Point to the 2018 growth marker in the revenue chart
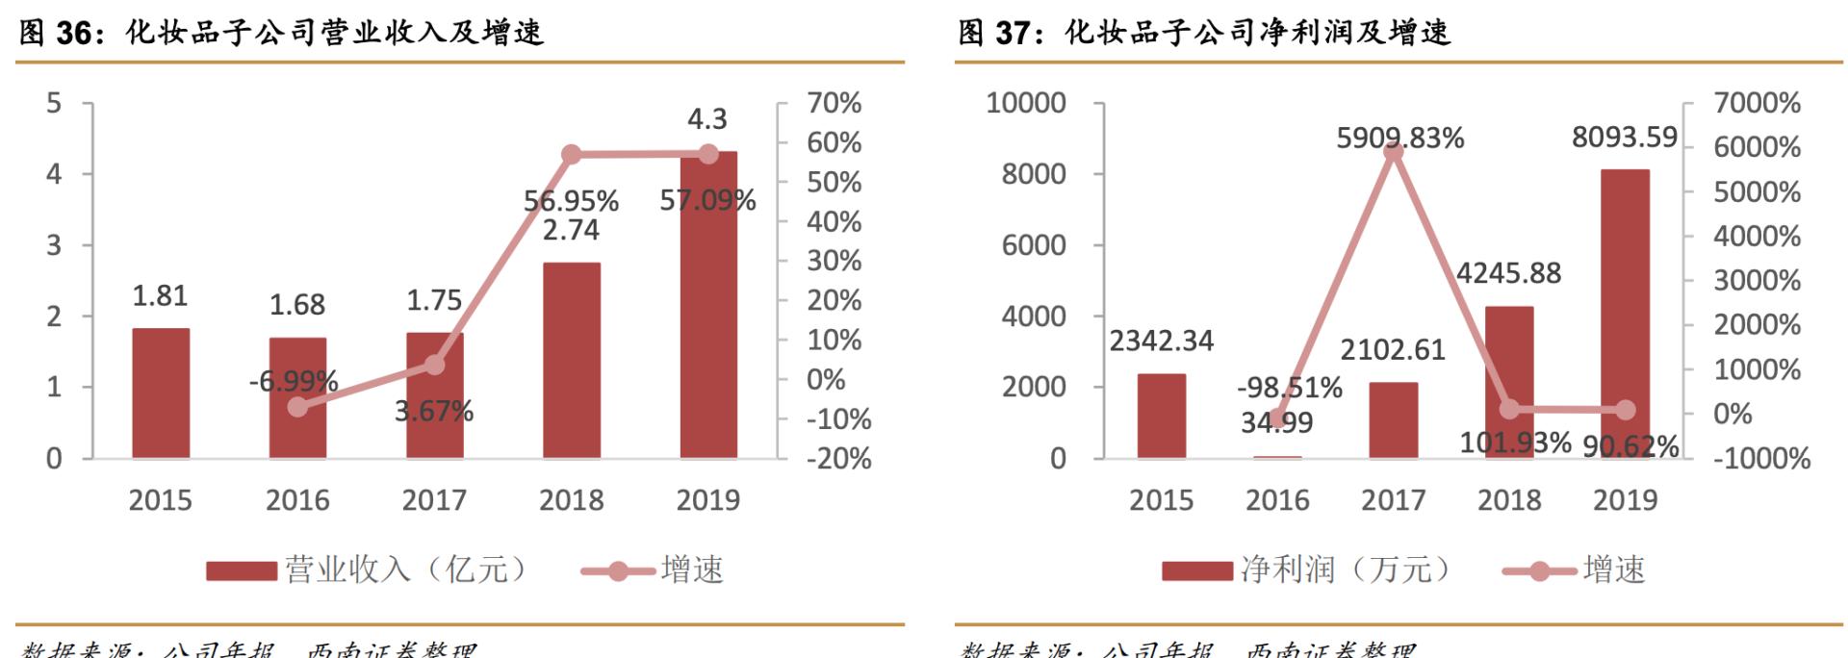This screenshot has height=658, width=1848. [571, 154]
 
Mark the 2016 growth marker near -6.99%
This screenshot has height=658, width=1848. [297, 407]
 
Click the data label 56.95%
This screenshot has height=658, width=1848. [571, 201]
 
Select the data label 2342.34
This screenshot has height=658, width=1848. [1161, 341]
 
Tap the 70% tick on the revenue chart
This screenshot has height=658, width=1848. [834, 103]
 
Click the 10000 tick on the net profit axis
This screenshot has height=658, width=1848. [1026, 103]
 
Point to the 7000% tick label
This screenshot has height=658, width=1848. [1757, 103]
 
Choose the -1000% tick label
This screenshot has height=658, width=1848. [1761, 458]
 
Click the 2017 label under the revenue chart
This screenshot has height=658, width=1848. [434, 500]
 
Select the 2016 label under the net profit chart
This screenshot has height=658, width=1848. [1277, 500]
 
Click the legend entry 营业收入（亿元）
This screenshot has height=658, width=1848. [404, 569]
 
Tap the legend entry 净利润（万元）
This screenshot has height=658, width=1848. [1344, 569]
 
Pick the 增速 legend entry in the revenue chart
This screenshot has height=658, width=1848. [691, 569]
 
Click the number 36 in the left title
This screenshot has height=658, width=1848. [73, 34]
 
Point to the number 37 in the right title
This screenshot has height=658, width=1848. [1013, 34]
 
